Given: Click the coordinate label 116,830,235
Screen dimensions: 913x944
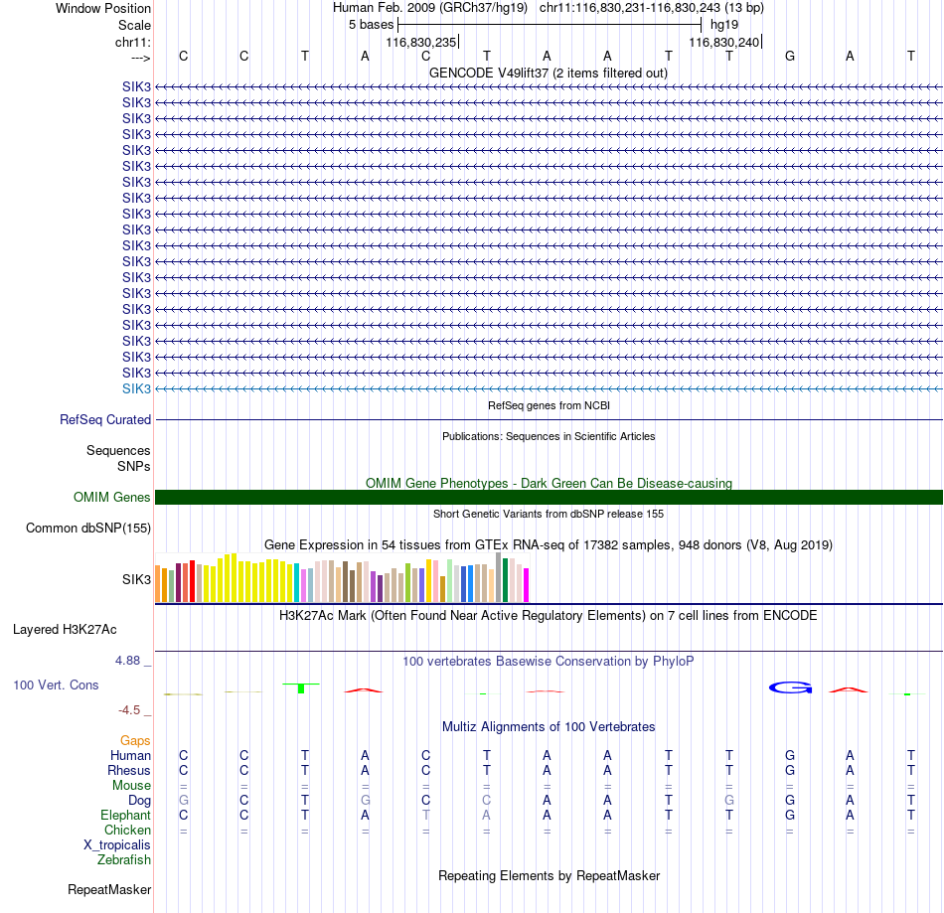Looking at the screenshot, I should [x=421, y=42].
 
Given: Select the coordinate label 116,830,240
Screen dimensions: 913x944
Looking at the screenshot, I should [x=724, y=42].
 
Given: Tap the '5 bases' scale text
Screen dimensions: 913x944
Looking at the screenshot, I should [x=371, y=24].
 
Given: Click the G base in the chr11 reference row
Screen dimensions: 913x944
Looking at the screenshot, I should [x=790, y=56].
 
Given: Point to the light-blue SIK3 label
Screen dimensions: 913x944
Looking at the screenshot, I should [x=137, y=388].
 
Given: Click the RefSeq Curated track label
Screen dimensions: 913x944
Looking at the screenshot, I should [x=105, y=420].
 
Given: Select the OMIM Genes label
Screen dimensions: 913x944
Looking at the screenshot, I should [x=112, y=497].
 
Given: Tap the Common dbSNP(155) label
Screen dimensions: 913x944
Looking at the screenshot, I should [x=88, y=529].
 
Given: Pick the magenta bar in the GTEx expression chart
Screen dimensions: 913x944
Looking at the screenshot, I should [x=527, y=584].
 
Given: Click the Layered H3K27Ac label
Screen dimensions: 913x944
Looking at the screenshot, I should [x=65, y=629].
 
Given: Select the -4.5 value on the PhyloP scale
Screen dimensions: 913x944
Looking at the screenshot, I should [x=134, y=710].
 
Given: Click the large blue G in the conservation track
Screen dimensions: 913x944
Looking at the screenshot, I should [x=791, y=687].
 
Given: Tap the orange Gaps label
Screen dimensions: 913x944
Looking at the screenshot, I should [x=135, y=740].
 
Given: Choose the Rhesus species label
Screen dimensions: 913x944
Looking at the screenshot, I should [x=129, y=770].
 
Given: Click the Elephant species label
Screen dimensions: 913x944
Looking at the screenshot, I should [x=125, y=815].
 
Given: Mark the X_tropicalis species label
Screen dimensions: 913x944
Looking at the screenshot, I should [x=117, y=844].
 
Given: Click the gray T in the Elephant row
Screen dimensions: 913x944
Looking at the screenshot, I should [x=426, y=815].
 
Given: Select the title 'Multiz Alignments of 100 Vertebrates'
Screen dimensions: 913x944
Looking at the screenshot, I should [x=549, y=727].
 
